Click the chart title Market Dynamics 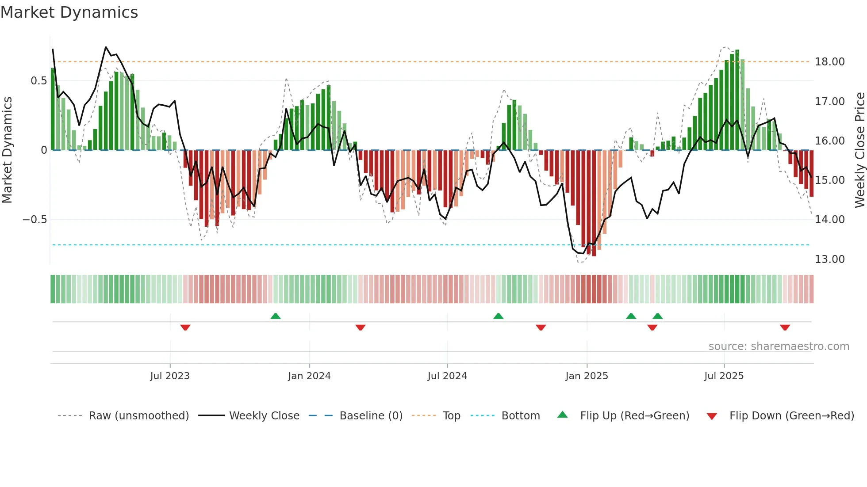[69, 12]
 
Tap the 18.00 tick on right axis [829, 62]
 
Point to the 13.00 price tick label [829, 259]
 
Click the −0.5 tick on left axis [35, 220]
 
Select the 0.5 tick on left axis [38, 81]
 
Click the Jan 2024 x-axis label [309, 376]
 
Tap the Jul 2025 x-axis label [724, 376]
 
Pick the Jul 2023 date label [170, 376]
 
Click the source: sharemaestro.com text [779, 346]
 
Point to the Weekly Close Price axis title [859, 150]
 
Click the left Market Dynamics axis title [7, 150]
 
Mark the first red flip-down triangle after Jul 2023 [185, 327]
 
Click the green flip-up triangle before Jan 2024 [276, 316]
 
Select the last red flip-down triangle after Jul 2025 [785, 327]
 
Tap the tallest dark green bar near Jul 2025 [737, 99]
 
